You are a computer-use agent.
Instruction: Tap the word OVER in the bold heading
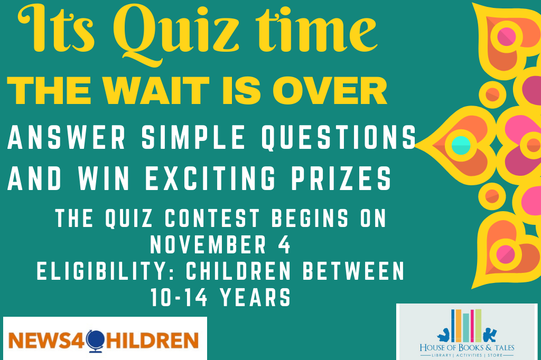(x=330, y=91)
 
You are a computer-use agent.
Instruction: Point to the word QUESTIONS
(x=339, y=137)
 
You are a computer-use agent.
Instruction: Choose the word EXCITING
(x=210, y=178)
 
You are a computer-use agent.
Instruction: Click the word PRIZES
(x=341, y=178)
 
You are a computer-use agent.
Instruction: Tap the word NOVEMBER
(x=208, y=244)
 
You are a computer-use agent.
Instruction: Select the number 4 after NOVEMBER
(x=284, y=244)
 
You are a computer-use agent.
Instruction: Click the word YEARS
(x=256, y=297)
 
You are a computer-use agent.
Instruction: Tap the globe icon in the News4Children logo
(x=95, y=341)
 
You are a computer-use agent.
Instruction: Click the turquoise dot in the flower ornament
(x=461, y=145)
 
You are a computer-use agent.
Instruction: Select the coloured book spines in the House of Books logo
(x=467, y=326)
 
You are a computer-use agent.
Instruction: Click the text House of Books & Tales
(x=467, y=347)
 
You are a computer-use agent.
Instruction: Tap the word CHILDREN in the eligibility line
(x=239, y=271)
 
